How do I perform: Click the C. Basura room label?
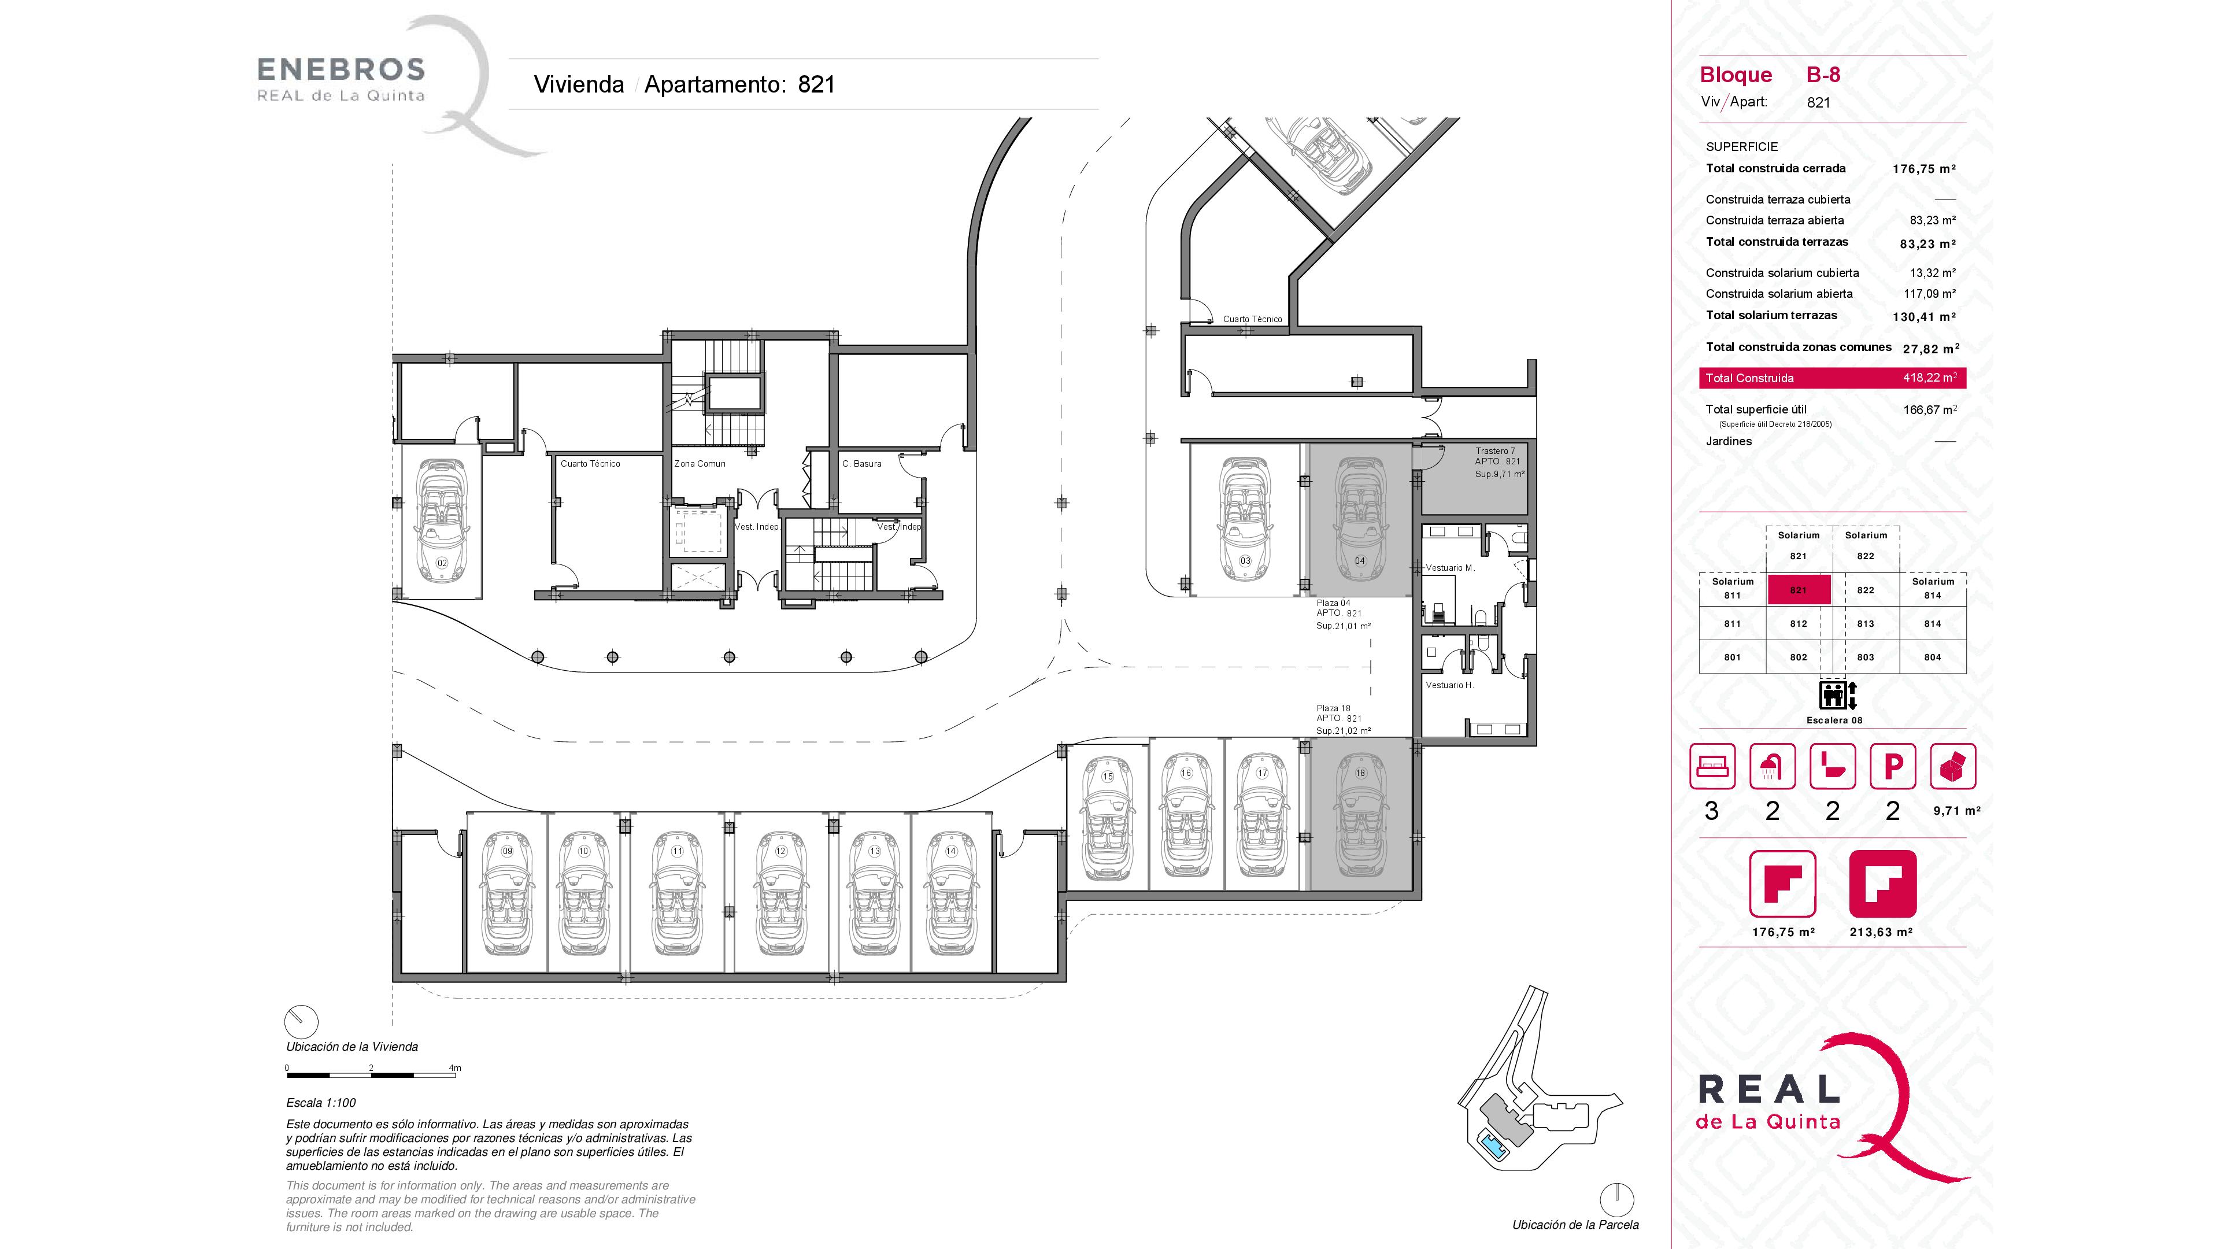coord(862,464)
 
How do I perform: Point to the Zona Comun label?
coord(700,464)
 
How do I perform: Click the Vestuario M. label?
coord(1449,568)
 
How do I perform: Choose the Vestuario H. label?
coord(1449,685)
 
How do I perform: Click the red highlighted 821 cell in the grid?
coord(1799,590)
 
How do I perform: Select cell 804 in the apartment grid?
coord(1933,657)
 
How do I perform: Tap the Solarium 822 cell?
coord(1866,546)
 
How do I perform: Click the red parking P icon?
coord(1893,766)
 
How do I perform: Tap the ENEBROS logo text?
coord(341,69)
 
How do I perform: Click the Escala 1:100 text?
coord(321,1103)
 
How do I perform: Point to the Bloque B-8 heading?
coord(1769,75)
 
